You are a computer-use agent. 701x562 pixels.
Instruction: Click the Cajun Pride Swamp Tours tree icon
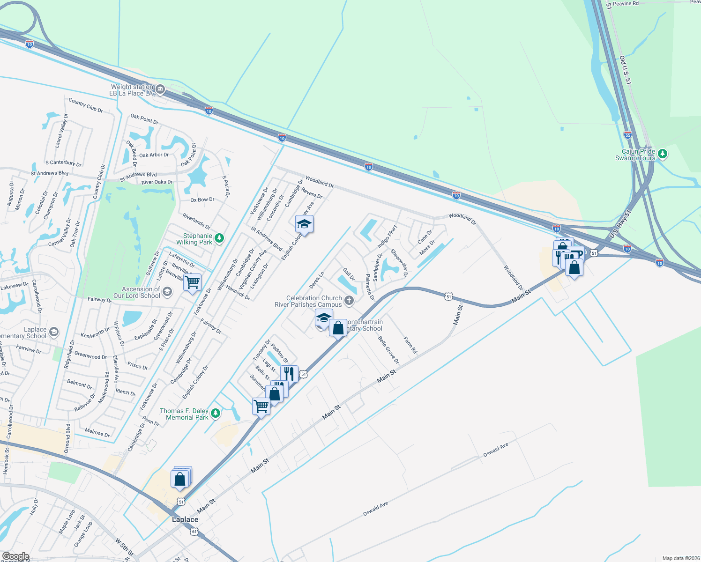(x=662, y=154)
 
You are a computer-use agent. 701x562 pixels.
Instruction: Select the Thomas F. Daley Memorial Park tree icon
(x=215, y=413)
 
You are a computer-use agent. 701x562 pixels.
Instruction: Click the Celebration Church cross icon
(x=349, y=301)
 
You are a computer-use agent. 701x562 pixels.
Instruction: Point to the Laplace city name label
(x=185, y=519)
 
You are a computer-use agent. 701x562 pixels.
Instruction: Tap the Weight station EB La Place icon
(x=160, y=89)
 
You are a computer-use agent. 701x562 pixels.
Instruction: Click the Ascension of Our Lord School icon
(x=167, y=292)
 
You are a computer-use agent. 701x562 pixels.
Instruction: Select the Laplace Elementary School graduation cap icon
(x=53, y=332)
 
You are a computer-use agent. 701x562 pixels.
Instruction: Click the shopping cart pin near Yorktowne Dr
(x=192, y=283)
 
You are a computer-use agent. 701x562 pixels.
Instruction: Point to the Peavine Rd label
(x=626, y=4)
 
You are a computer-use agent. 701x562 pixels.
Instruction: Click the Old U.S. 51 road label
(x=625, y=70)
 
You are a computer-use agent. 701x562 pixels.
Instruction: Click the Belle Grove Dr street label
(x=388, y=350)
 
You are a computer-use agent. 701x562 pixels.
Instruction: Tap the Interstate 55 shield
(x=628, y=135)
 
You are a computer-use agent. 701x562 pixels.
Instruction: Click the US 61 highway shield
(x=194, y=532)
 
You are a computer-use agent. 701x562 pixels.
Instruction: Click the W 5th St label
(x=124, y=547)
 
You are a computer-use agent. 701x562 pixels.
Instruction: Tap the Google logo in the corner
(x=15, y=557)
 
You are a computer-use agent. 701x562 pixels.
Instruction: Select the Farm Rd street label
(x=410, y=344)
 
